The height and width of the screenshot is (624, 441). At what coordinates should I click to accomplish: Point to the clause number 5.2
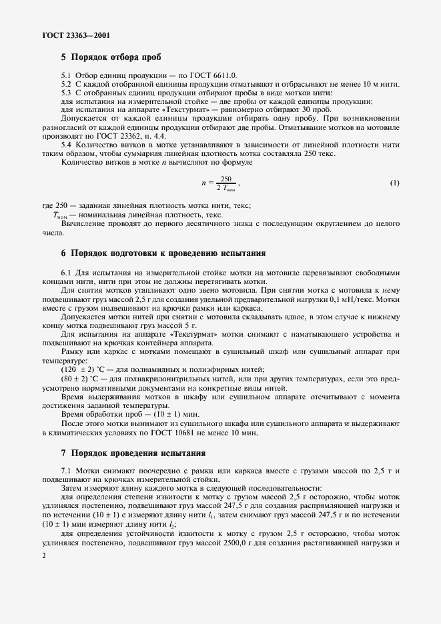67,86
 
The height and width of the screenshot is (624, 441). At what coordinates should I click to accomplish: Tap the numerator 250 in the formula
226,179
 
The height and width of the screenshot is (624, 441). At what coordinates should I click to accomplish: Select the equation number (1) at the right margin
394,183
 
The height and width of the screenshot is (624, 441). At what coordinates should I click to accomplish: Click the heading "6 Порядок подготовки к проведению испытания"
163,253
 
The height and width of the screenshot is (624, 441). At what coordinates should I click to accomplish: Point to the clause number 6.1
67,273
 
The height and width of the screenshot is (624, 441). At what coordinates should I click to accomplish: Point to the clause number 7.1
67,472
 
